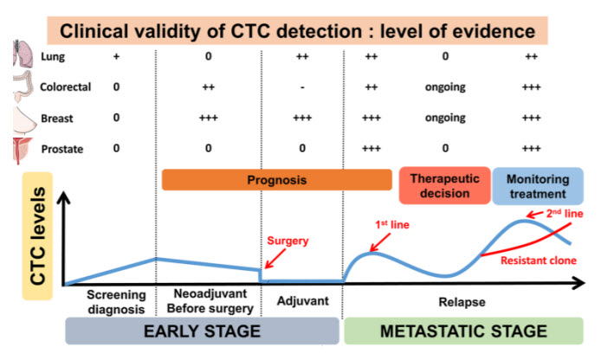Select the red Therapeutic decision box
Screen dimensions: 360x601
click(444, 186)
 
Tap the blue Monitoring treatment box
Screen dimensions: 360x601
click(537, 186)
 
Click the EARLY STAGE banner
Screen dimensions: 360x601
click(202, 331)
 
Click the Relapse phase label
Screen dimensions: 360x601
click(460, 302)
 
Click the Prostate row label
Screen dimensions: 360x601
click(61, 149)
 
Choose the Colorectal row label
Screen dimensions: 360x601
click(66, 87)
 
